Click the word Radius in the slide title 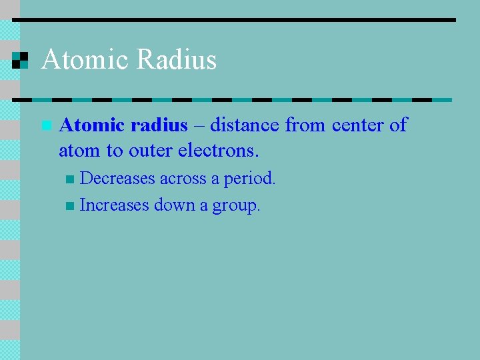177,60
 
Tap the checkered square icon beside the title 21,60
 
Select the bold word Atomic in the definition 92,125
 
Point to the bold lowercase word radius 159,125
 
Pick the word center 359,125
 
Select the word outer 151,151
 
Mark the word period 249,179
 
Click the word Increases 115,205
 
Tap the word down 173,205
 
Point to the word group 236,206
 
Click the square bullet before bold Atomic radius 45,125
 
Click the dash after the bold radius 199,125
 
